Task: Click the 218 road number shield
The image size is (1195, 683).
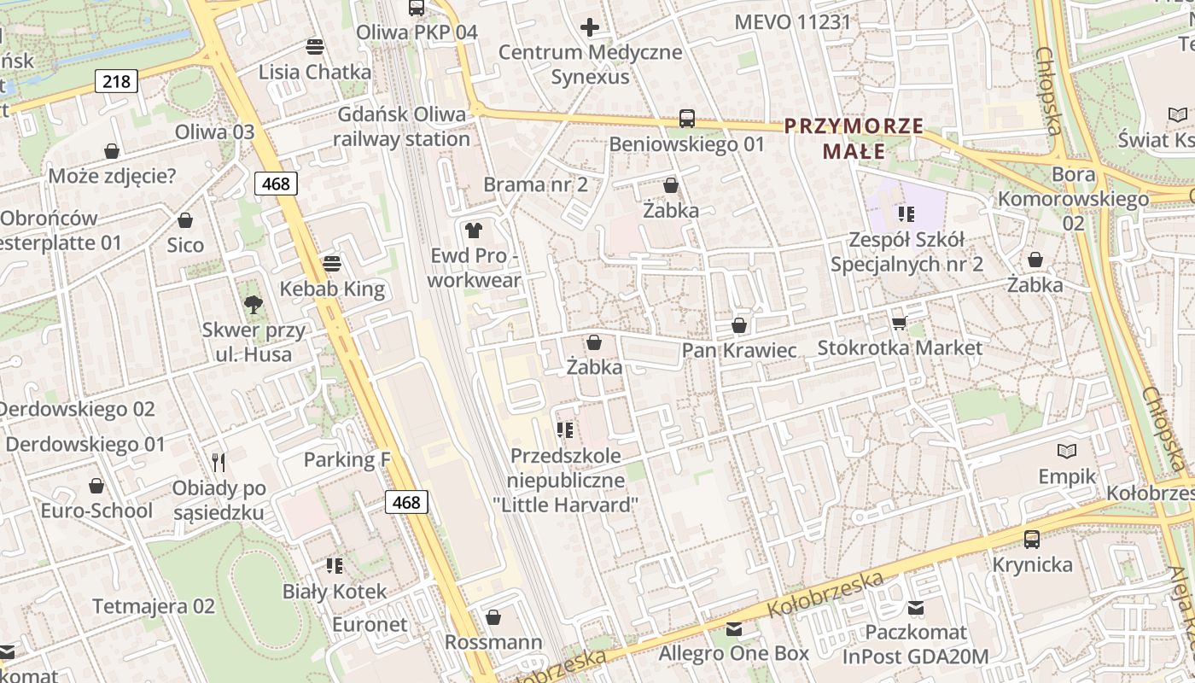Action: point(116,81)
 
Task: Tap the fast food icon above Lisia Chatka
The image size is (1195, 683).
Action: point(315,46)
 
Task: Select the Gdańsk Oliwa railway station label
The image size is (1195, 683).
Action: point(402,126)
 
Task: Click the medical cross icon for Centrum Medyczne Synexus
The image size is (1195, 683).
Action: point(590,27)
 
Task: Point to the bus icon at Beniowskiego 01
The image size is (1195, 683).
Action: point(687,119)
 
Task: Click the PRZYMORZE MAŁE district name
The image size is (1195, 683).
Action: point(854,139)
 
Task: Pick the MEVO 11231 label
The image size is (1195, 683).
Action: point(793,22)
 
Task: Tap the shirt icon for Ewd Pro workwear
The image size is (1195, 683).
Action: point(474,230)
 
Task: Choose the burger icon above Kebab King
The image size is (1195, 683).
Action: point(332,264)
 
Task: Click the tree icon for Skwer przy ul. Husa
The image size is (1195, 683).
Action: point(253,304)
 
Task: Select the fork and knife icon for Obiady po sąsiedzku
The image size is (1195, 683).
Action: point(219,463)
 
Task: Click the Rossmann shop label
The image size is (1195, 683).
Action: point(493,642)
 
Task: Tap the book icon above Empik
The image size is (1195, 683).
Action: point(1066,451)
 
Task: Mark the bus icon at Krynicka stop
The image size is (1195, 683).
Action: point(1032,539)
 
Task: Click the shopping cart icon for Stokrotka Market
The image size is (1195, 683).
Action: point(899,322)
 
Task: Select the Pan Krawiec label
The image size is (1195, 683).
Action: point(738,351)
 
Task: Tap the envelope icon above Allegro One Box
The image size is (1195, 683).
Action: point(733,629)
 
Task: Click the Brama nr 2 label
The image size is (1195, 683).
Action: point(535,184)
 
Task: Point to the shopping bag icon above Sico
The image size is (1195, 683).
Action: point(185,220)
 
